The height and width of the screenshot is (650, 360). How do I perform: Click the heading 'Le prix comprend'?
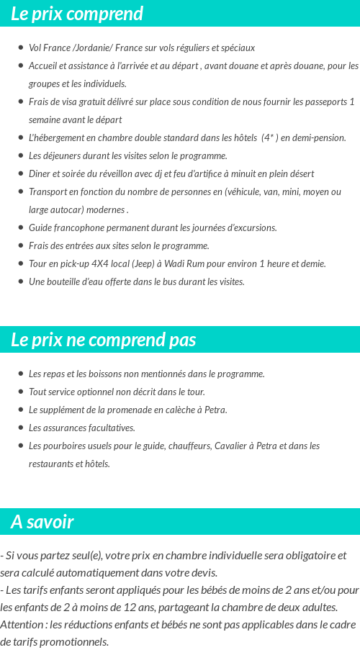tap(77, 14)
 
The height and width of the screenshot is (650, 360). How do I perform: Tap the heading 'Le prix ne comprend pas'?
tap(103, 340)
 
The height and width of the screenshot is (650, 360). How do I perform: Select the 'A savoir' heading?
tap(42, 522)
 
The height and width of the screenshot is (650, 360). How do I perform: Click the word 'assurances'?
tap(65, 428)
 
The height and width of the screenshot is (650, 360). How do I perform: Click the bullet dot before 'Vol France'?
tap(20, 48)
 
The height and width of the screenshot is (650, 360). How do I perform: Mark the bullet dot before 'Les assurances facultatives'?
tap(20, 428)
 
